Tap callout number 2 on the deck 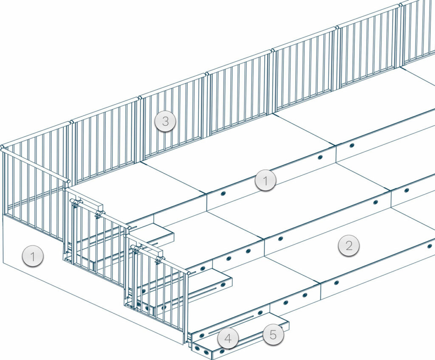[349, 245]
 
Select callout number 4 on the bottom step [228, 339]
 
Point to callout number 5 [273, 335]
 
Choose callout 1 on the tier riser [265, 181]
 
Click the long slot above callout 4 [232, 324]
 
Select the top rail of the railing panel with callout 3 [172, 87]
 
